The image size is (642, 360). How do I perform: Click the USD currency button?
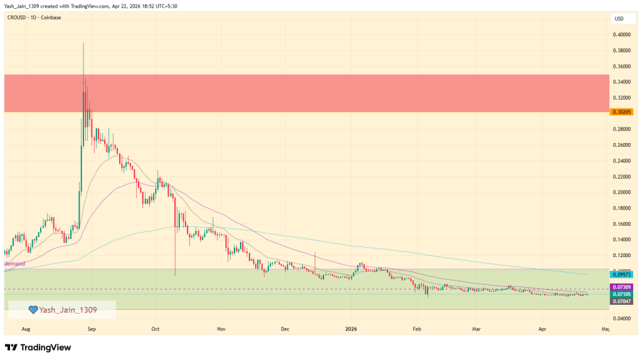619,18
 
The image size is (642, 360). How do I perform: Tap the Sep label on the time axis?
92,328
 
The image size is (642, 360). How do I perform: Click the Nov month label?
221,328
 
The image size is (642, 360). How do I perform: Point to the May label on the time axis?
606,328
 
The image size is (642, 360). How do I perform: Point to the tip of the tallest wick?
83,43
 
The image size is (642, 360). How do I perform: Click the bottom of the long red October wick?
175,275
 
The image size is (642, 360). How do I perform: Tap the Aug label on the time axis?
26,328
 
